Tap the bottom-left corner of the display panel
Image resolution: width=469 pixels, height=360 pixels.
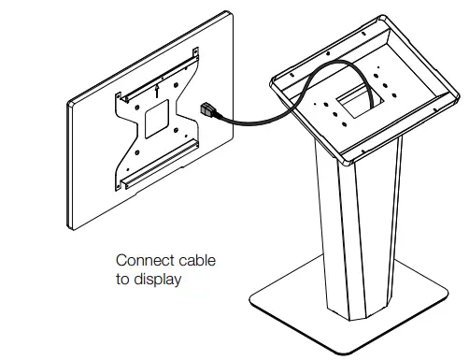(x=74, y=227)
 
